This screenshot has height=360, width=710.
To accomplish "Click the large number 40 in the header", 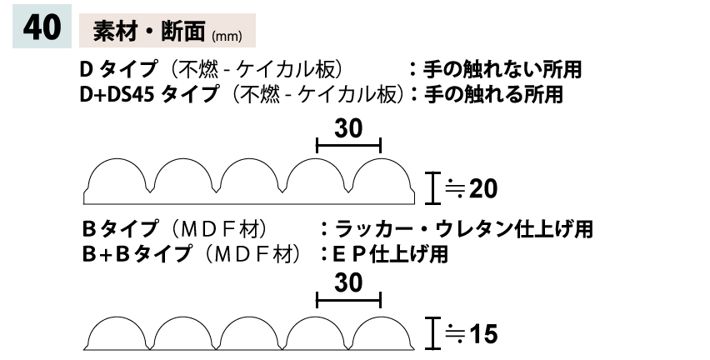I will point(41,27).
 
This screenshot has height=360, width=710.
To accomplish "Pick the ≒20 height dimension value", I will point(472,189).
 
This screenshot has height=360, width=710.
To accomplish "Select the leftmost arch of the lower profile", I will point(117,332).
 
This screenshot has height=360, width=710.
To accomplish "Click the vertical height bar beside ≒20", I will point(431,188).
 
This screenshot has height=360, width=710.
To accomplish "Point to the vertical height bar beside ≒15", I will point(431,332).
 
